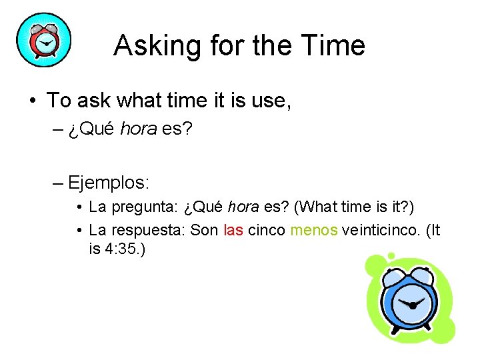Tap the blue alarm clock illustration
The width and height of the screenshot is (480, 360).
[x=409, y=299]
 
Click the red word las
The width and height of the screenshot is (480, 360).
[x=233, y=231]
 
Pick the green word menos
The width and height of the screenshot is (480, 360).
[x=315, y=231]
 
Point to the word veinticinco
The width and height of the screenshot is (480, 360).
[x=381, y=231]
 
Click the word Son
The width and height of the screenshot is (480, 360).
[x=203, y=231]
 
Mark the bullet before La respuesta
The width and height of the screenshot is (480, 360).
[x=79, y=231]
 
